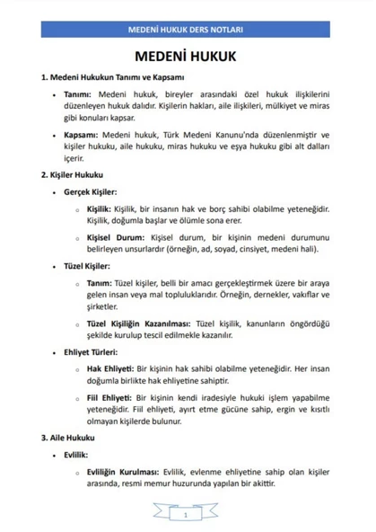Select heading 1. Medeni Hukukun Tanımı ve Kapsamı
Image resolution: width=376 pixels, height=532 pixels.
(111, 78)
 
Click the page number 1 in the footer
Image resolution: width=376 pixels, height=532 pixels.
(185, 515)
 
